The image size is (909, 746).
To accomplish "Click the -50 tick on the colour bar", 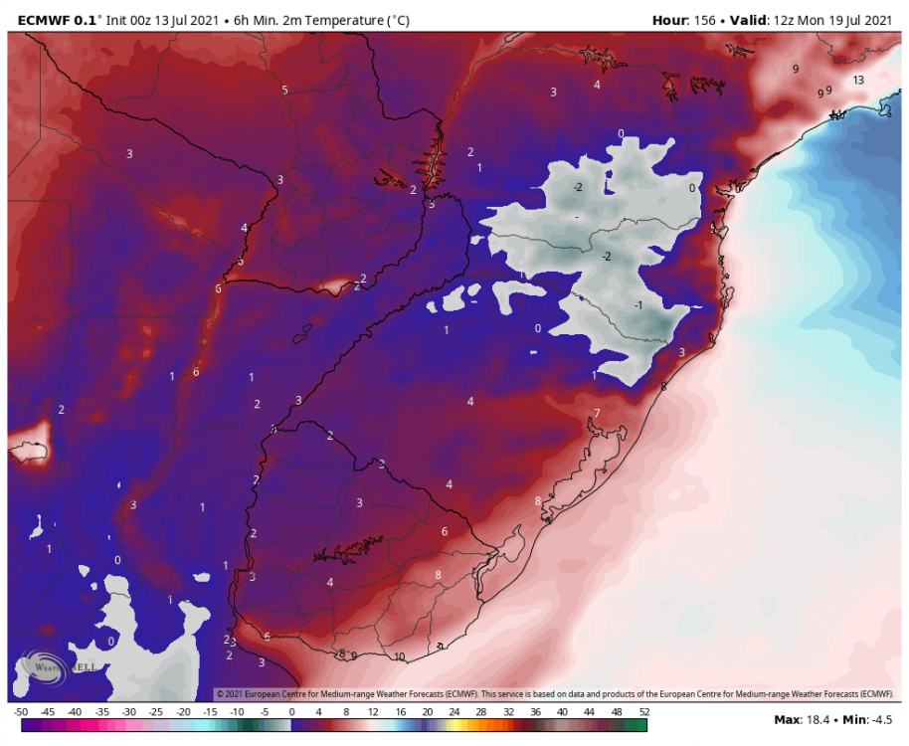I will click(x=21, y=712).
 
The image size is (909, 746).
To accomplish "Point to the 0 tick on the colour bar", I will click(x=291, y=712).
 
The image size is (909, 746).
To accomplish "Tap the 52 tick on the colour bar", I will click(x=643, y=712).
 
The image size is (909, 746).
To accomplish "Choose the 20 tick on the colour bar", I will click(x=427, y=712).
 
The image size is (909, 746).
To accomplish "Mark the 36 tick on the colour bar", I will click(x=535, y=712).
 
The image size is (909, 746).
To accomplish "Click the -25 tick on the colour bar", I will click(x=156, y=712).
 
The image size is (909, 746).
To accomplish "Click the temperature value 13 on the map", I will click(x=857, y=80).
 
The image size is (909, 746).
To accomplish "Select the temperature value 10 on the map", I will click(x=400, y=656).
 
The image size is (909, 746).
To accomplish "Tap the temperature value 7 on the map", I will click(x=597, y=413).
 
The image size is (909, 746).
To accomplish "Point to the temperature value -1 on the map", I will click(x=638, y=305).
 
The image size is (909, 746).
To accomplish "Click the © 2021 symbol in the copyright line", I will click(x=230, y=693).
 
